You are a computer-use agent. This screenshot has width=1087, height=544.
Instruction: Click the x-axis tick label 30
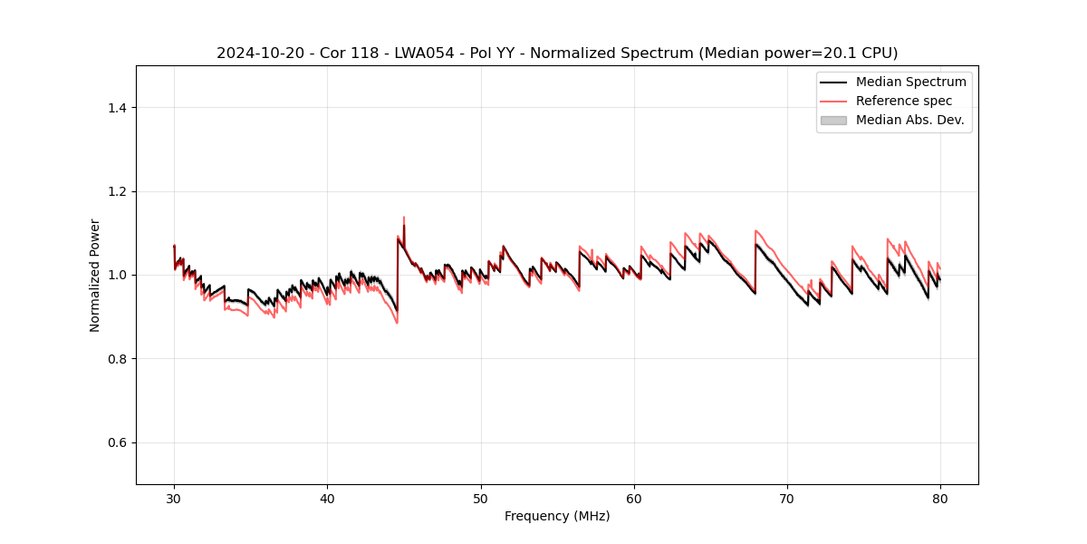pyautogui.click(x=174, y=498)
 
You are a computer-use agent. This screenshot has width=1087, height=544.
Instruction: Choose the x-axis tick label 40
pyautogui.click(x=327, y=498)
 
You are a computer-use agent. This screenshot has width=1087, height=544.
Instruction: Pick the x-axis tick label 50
pyautogui.click(x=481, y=498)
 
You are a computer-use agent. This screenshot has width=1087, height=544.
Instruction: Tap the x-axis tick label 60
pyautogui.click(x=634, y=498)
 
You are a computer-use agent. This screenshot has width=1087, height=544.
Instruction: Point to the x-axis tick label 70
pyautogui.click(x=787, y=498)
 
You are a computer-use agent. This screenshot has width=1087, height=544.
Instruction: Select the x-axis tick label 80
pyautogui.click(x=940, y=498)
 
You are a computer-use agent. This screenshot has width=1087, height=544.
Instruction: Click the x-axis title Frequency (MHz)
pyautogui.click(x=557, y=516)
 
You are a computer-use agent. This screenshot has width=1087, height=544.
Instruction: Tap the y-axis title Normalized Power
pyautogui.click(x=95, y=275)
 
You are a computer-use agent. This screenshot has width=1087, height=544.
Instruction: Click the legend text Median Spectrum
pyautogui.click(x=910, y=82)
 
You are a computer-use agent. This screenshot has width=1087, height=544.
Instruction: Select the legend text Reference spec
pyautogui.click(x=904, y=101)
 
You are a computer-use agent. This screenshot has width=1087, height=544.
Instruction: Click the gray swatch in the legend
pyautogui.click(x=833, y=120)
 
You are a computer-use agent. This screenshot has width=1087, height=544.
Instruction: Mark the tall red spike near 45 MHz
pyautogui.click(x=403, y=219)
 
